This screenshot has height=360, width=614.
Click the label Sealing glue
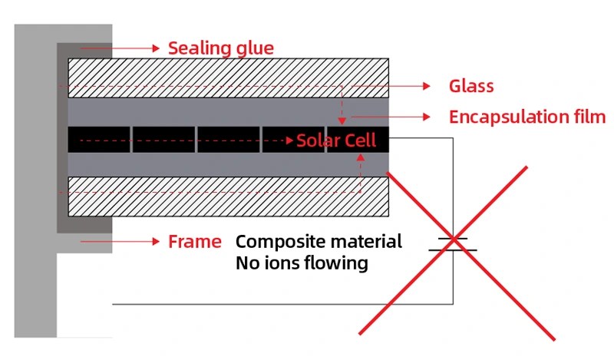(x=220, y=48)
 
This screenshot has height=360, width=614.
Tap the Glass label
(x=470, y=86)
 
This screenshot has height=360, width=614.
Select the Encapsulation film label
(x=527, y=117)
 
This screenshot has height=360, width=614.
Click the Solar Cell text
(x=336, y=140)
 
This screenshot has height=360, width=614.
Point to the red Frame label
(x=195, y=242)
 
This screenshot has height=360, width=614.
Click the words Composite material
(x=319, y=242)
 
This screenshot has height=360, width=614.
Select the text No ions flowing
(x=302, y=263)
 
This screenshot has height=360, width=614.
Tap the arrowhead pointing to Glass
(x=430, y=85)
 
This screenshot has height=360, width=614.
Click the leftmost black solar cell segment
(x=99, y=138)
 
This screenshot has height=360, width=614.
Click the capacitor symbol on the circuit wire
(x=453, y=245)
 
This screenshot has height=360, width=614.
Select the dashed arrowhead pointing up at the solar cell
(x=360, y=156)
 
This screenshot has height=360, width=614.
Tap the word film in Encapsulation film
(x=588, y=117)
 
